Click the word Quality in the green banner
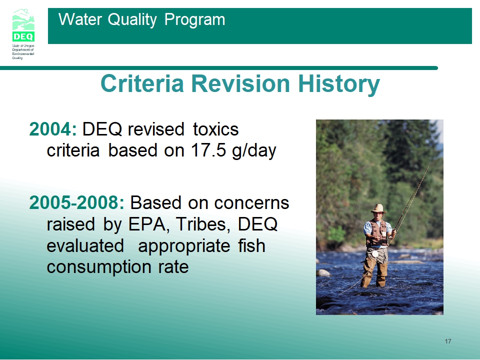pos(132,20)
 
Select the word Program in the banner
pos(194,20)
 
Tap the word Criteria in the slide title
pos(142,83)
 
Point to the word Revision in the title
pos(240,83)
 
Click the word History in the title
pos(339,84)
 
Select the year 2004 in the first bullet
pos(50,129)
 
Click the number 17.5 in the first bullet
pos(208,150)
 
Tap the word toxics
pos(215,129)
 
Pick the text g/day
pos(254,151)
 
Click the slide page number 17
pos(448,341)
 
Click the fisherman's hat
pos(378,208)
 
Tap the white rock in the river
pos(323,273)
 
